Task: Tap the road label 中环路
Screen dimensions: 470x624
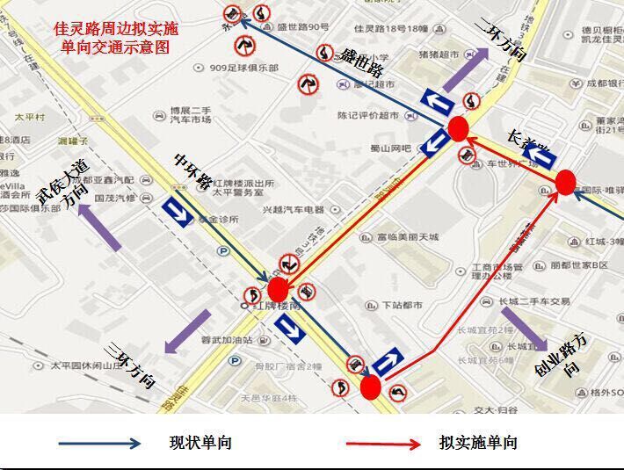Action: click(192, 170)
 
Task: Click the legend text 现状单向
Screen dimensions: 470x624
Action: click(200, 443)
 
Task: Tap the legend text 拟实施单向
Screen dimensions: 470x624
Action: click(478, 443)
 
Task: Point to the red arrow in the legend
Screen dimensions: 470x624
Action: click(383, 444)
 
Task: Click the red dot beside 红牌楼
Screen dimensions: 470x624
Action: click(278, 289)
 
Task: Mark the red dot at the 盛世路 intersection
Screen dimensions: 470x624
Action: click(457, 129)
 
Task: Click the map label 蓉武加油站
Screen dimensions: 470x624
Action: click(226, 340)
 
